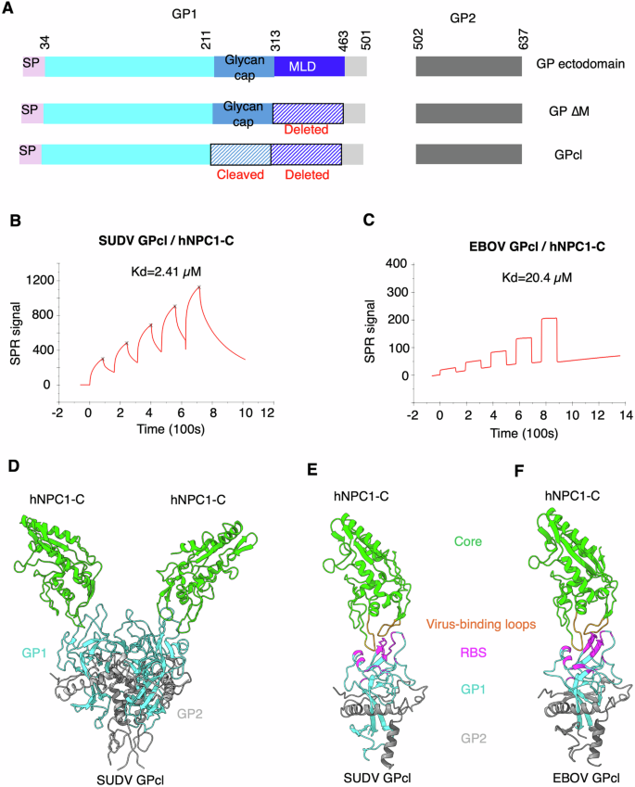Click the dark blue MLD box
[x=309, y=66]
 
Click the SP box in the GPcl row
[x=32, y=153]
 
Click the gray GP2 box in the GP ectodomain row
[x=468, y=66]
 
